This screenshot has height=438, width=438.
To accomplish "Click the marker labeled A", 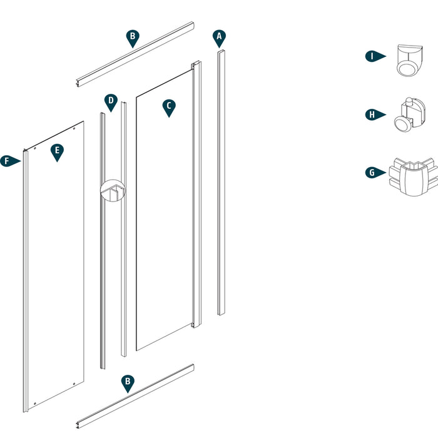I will [x=218, y=38].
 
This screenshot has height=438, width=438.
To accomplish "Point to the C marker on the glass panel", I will [x=168, y=107].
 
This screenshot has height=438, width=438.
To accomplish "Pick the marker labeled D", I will [x=110, y=101].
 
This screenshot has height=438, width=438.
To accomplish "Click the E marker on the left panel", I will [x=57, y=151].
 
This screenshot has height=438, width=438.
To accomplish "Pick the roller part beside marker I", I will [x=408, y=61].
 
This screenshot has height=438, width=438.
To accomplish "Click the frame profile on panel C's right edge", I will [x=196, y=194].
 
